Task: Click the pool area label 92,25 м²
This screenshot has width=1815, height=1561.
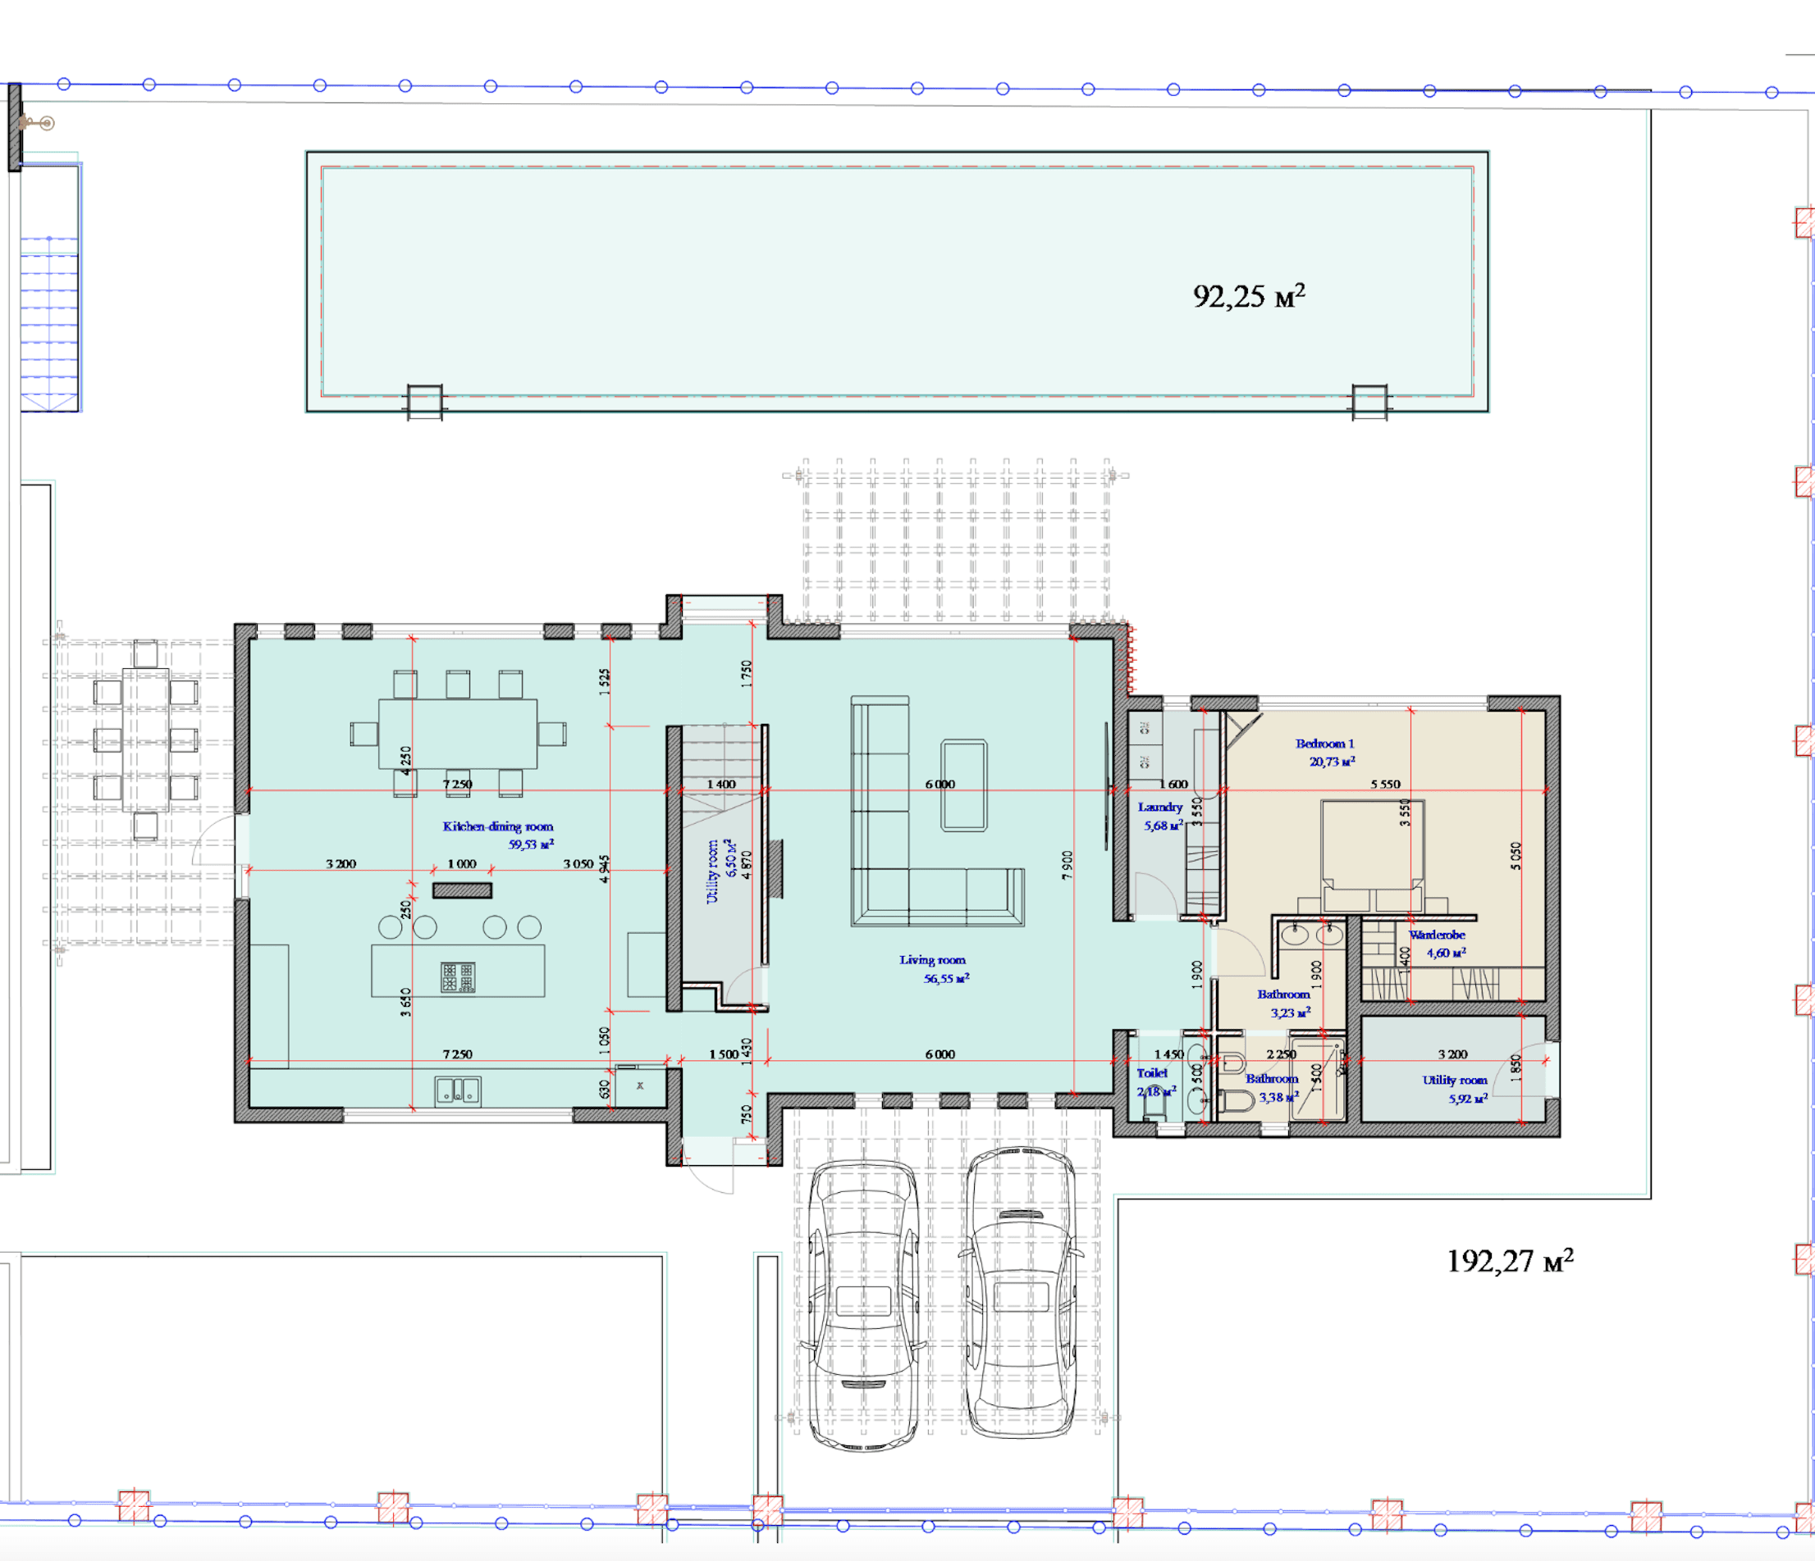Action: click(1247, 296)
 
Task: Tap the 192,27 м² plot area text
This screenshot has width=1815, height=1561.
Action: click(1509, 1261)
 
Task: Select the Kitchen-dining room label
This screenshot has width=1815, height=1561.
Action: click(497, 826)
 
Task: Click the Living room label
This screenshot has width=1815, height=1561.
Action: click(932, 959)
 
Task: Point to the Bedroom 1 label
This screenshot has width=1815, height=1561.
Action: click(1324, 744)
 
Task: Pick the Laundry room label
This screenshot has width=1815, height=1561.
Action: click(1159, 808)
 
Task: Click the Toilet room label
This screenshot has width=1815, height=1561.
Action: click(1152, 1072)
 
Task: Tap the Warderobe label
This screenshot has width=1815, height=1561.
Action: click(1437, 935)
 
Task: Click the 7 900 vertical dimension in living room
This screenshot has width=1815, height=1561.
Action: click(1067, 865)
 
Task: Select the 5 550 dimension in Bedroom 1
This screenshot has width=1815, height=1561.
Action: click(1385, 784)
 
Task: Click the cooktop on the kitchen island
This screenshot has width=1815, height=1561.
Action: click(457, 977)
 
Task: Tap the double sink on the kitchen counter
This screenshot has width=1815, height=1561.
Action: click(457, 1090)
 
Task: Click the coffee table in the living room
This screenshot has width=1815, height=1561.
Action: click(963, 785)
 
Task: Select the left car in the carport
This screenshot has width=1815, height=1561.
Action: click(863, 1304)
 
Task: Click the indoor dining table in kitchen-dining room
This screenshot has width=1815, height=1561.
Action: click(457, 734)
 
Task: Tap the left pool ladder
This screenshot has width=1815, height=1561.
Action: click(425, 402)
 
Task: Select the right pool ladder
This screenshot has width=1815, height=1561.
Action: click(1369, 402)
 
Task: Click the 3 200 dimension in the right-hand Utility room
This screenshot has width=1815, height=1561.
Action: click(1452, 1054)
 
